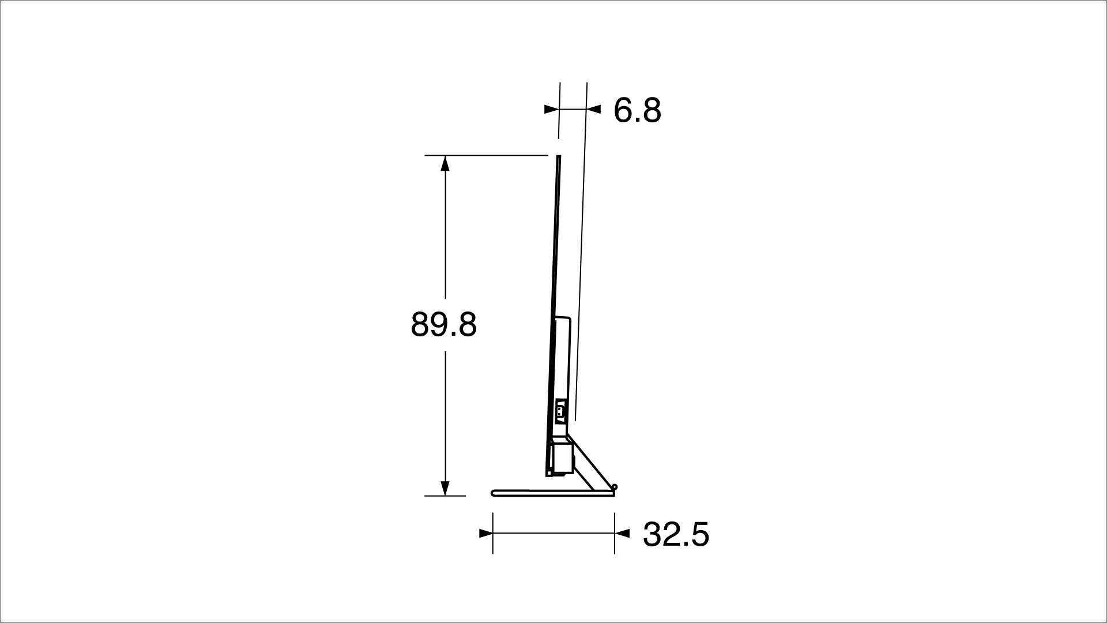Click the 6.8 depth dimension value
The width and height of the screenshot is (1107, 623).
[637, 110]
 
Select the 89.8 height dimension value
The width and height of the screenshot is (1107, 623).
[444, 325]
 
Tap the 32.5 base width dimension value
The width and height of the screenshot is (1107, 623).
[676, 534]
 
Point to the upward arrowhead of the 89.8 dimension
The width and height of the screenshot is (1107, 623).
[445, 163]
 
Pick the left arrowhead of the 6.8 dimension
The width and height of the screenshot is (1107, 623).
[552, 108]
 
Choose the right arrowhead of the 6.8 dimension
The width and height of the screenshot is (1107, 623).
[594, 108]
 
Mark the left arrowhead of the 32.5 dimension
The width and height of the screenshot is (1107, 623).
[485, 534]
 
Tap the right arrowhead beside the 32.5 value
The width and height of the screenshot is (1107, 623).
[622, 534]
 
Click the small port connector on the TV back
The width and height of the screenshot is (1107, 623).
[559, 411]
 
